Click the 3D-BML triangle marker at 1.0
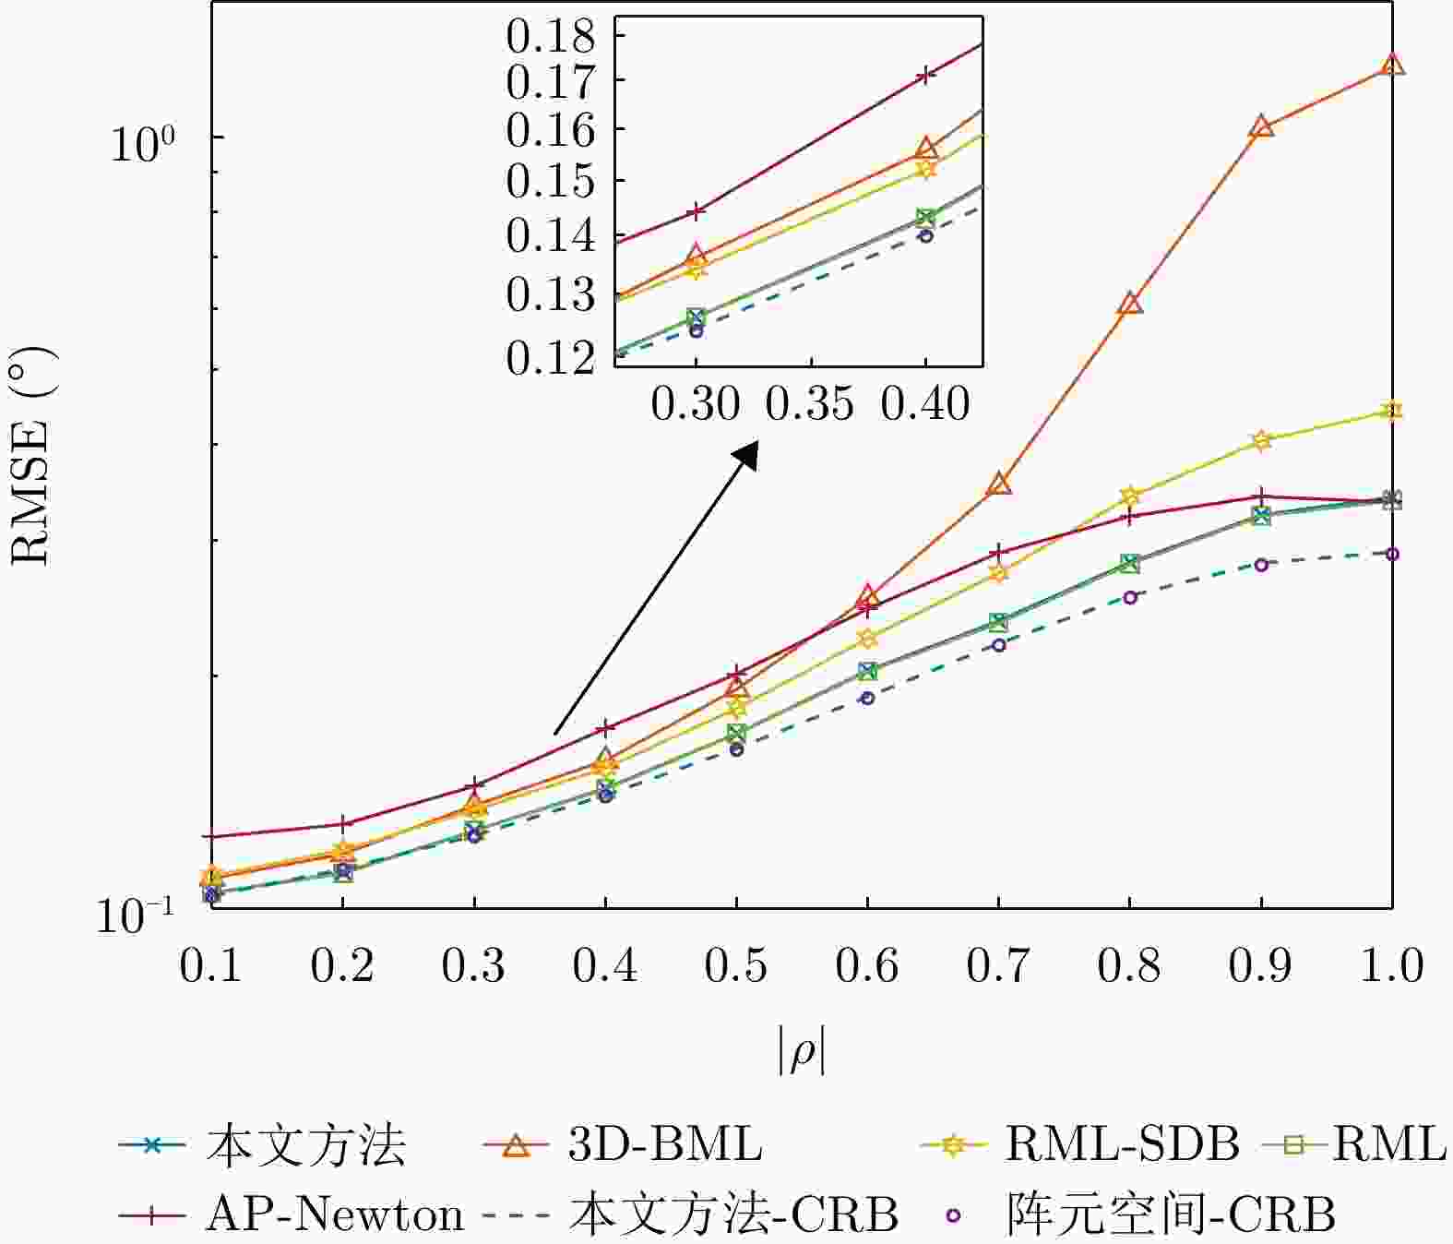click(1392, 65)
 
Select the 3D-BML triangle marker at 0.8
click(1130, 304)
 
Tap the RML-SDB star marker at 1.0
click(1392, 411)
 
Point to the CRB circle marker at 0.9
click(1261, 564)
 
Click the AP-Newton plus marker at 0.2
click(343, 823)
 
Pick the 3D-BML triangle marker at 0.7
click(999, 484)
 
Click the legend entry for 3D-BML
click(624, 1145)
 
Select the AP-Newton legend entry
click(291, 1214)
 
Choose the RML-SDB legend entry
click(1080, 1145)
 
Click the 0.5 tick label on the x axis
click(736, 966)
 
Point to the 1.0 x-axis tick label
click(1392, 966)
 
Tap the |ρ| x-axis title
click(801, 1053)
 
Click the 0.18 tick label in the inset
click(551, 37)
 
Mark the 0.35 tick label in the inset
click(811, 404)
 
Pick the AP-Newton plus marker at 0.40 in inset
click(925, 76)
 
